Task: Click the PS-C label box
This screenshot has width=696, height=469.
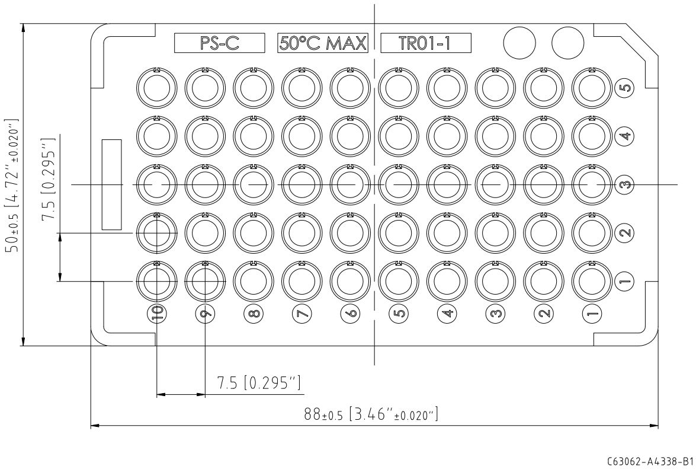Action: click(219, 43)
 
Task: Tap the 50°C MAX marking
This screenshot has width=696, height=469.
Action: click(323, 43)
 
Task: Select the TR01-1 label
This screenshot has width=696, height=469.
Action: click(426, 43)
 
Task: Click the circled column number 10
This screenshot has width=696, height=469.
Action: click(157, 313)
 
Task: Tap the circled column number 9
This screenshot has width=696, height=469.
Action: click(206, 313)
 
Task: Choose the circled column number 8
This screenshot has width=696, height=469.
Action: click(254, 313)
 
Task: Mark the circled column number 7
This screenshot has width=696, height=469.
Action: click(302, 313)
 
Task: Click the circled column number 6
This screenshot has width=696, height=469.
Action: click(351, 313)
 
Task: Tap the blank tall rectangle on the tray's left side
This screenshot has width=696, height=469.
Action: click(111, 184)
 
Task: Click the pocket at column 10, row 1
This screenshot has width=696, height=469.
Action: click(156, 280)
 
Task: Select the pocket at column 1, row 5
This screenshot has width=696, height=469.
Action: click(592, 87)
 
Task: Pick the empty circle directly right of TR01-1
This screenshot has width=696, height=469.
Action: click(519, 43)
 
